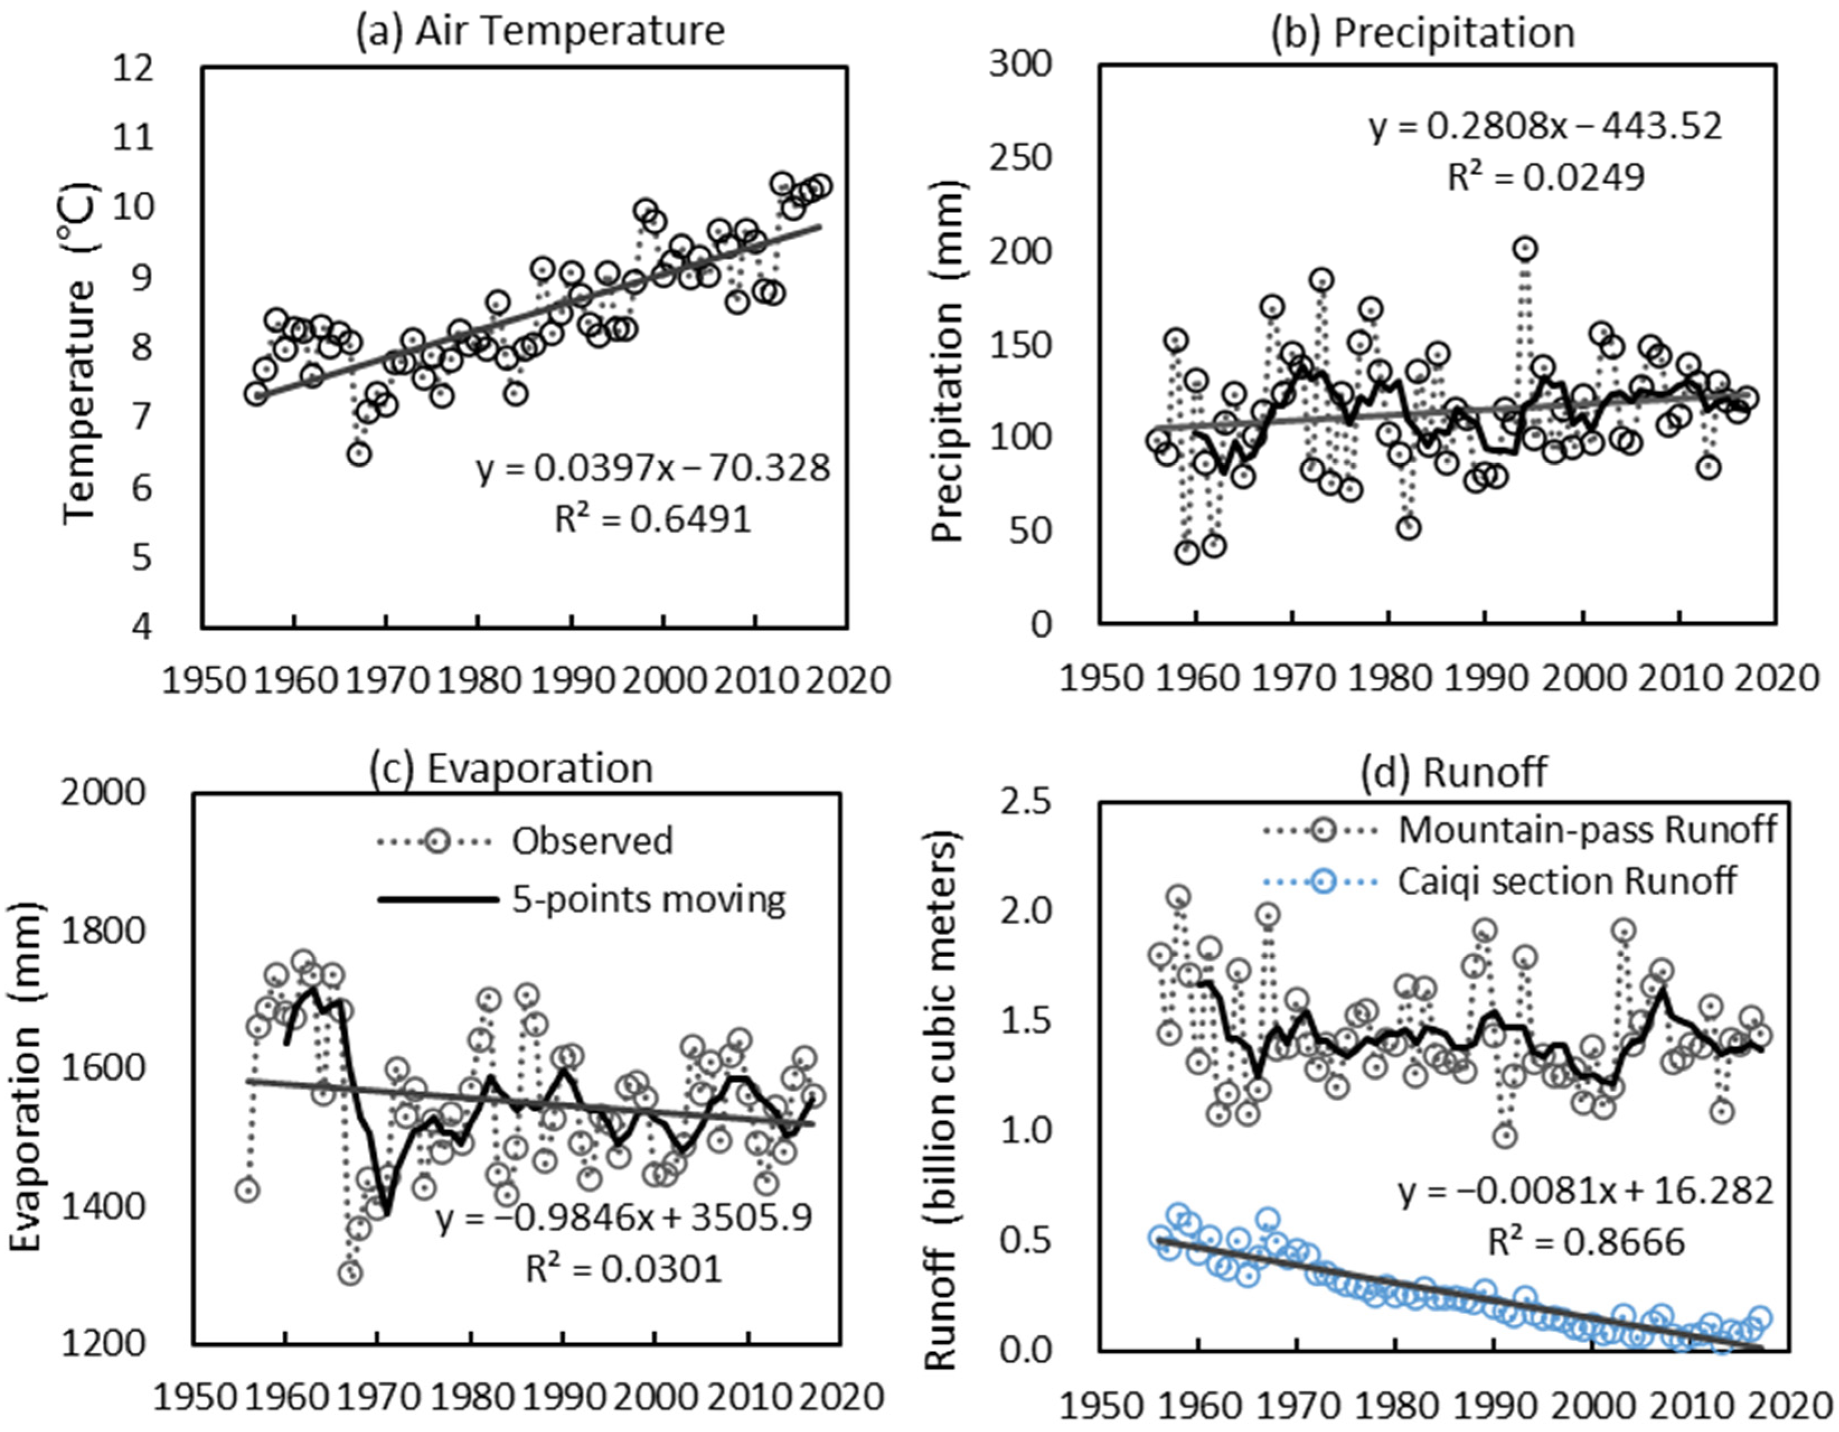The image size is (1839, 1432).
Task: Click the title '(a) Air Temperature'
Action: click(x=539, y=32)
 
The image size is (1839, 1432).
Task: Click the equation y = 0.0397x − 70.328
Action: click(x=653, y=468)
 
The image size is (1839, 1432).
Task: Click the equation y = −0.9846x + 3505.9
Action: click(x=625, y=1218)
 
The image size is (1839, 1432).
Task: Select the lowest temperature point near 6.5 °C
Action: click(x=360, y=453)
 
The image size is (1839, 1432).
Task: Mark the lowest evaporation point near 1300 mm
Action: click(x=350, y=1273)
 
